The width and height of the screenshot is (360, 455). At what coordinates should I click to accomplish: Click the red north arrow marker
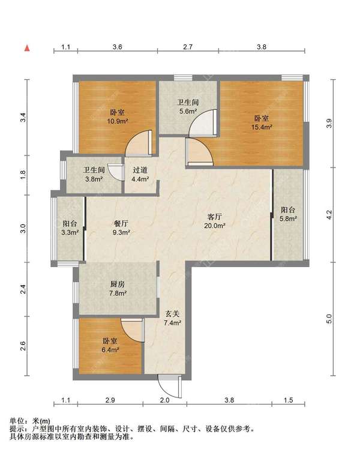pos(27,48)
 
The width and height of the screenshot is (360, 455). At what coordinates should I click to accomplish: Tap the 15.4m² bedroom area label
pos(262,127)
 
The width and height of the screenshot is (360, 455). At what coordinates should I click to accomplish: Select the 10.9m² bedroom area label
pos(118,121)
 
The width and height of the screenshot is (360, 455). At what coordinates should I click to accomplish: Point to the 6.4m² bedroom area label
pos(110,350)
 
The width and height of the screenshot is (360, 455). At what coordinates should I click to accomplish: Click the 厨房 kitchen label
pos(118,284)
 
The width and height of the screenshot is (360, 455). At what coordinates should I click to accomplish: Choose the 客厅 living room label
pos(215,217)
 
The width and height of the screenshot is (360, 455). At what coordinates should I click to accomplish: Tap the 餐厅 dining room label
pos(121,223)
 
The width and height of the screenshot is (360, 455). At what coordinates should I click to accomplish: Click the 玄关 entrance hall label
pos(173,313)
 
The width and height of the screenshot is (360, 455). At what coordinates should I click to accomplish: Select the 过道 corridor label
pos(140,170)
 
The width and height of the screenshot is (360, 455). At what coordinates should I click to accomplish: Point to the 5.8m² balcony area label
pos(288,218)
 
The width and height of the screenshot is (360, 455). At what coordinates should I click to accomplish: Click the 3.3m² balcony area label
pos(70,232)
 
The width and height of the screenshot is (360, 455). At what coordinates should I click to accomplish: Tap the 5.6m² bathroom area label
pos(188,111)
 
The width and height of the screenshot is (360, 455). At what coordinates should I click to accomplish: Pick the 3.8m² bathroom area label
pos(94,179)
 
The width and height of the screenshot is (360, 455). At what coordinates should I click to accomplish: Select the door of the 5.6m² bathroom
pos(203,122)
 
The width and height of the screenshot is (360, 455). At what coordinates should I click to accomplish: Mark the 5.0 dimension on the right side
pos(329,319)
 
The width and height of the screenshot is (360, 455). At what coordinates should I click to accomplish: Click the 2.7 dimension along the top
pos(188,47)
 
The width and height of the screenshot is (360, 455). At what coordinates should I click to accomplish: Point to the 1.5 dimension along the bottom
pos(289,400)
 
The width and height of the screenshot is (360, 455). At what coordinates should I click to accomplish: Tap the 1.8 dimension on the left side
pos(23,174)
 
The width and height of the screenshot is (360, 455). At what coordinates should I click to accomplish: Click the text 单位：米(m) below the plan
pos(30,421)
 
